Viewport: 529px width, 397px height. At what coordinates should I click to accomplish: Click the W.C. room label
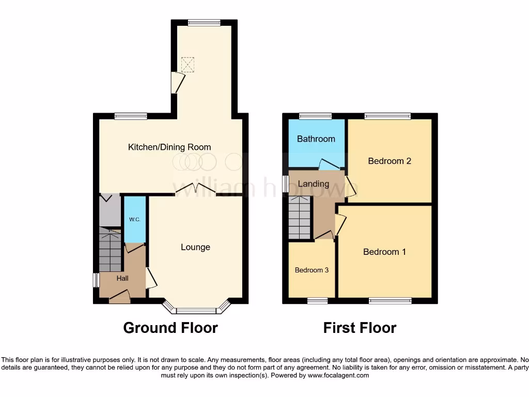[x=135, y=220]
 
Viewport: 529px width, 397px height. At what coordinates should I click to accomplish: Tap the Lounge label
[x=195, y=247]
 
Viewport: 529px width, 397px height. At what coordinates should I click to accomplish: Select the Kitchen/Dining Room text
[x=169, y=147]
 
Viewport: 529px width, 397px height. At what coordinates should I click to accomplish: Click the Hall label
[x=122, y=278]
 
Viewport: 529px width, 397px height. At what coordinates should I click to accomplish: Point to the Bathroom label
[x=316, y=139]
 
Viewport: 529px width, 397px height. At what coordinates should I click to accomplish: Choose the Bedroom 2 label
[x=390, y=161]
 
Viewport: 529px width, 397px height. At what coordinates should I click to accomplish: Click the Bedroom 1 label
[x=384, y=252]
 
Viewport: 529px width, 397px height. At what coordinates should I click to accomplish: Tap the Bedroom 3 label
[x=312, y=270]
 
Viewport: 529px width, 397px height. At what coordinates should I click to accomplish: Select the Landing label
[x=314, y=184]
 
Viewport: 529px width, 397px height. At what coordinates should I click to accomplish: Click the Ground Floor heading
[x=170, y=328]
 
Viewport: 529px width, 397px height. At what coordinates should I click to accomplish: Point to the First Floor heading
[x=360, y=328]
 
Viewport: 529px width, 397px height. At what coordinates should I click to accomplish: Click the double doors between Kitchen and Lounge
[x=195, y=190]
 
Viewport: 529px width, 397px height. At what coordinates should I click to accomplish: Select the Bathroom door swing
[x=329, y=164]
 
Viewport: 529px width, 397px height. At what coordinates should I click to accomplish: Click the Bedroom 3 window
[x=317, y=301]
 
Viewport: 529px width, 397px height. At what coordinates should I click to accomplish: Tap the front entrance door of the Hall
[x=119, y=298]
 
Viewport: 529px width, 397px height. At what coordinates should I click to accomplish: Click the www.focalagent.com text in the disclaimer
[x=338, y=375]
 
